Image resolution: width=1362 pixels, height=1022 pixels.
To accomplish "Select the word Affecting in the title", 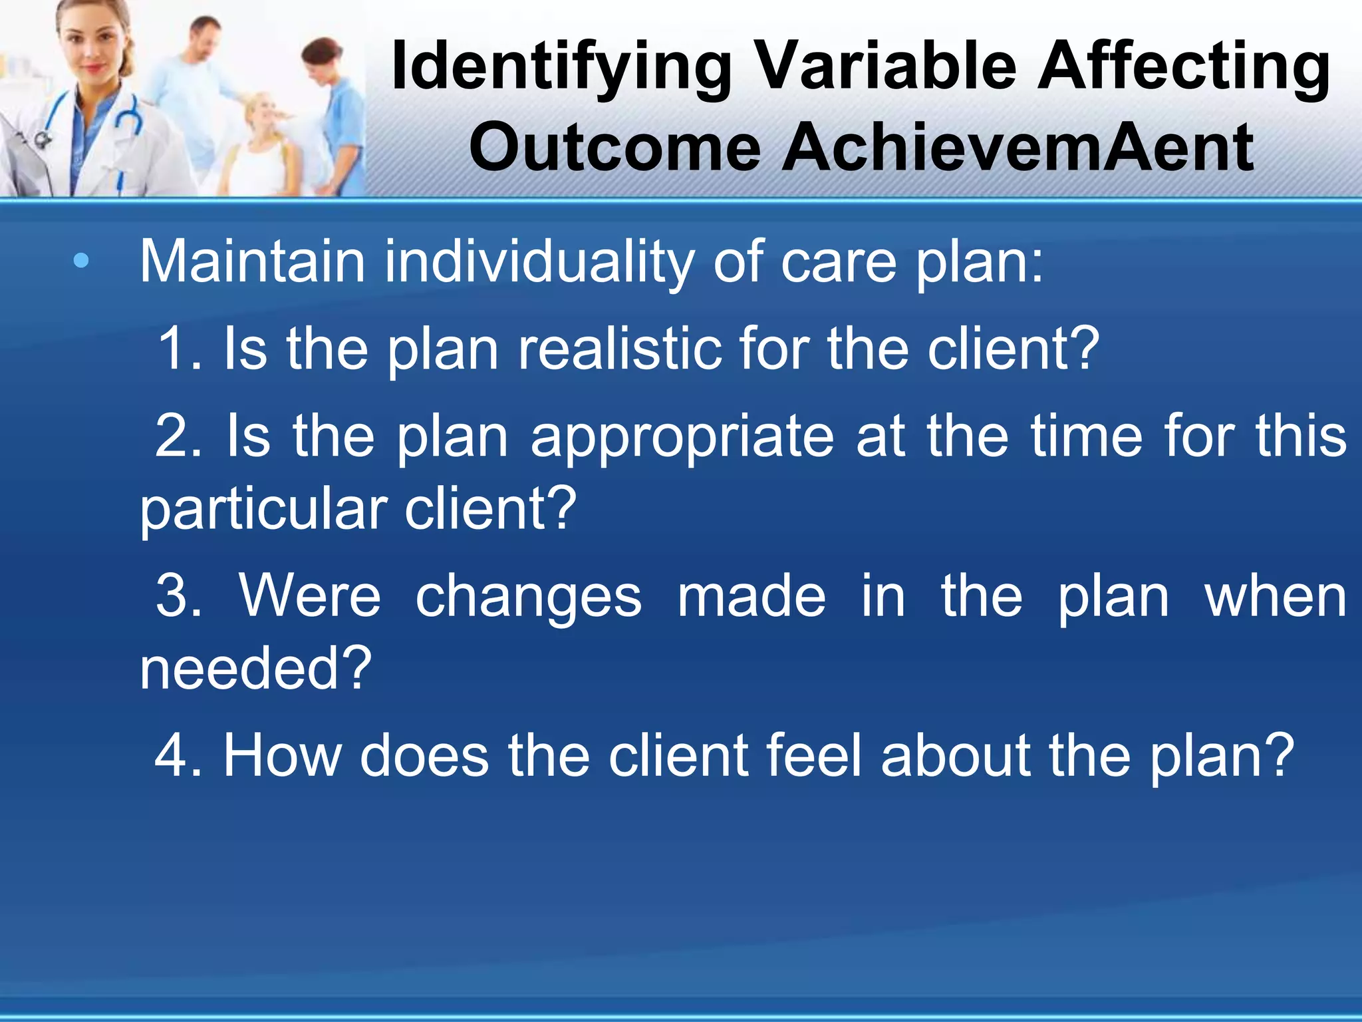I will coord(1183,67).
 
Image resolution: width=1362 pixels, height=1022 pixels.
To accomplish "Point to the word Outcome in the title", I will coord(614,148).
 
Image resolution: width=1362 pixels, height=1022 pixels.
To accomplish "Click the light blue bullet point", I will coord(81,261).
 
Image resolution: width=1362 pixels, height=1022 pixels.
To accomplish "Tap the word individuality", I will coord(539,261).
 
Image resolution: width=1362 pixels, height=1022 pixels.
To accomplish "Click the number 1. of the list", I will coord(179,349).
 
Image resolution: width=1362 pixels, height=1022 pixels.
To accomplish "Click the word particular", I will coord(263,510).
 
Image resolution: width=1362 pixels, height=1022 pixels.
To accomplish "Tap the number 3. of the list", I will coord(179,596).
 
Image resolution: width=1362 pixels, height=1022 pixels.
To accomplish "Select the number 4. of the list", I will coord(179,756).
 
